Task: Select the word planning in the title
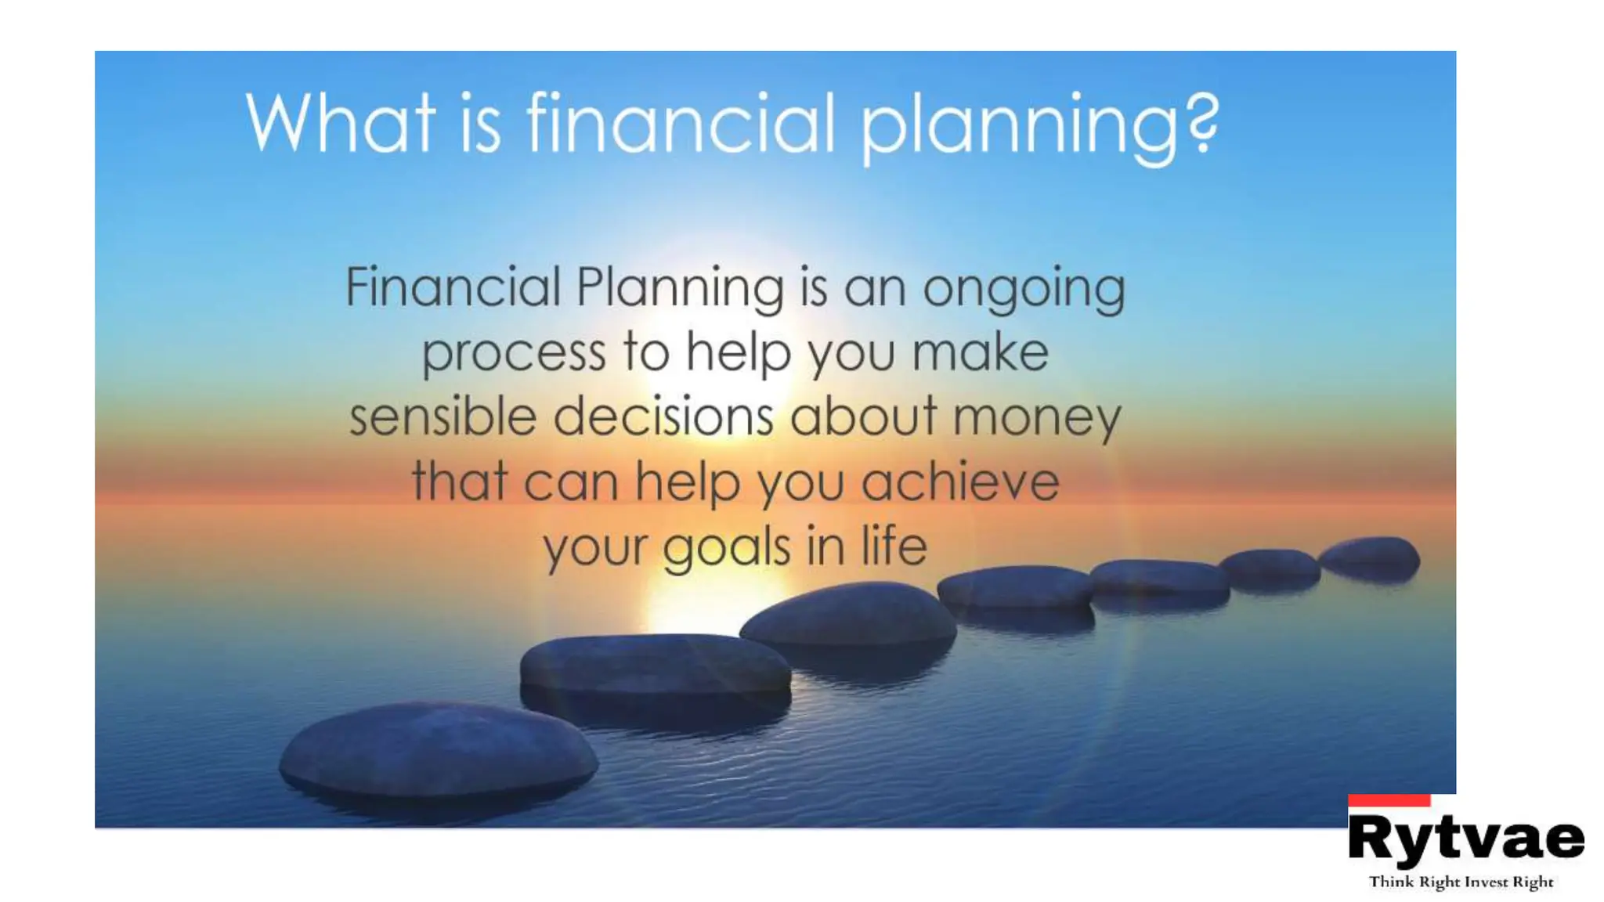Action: pyautogui.click(x=1018, y=127)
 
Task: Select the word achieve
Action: pyautogui.click(x=960, y=482)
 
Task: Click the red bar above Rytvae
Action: pyautogui.click(x=1389, y=800)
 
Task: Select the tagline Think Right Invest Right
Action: pyautogui.click(x=1461, y=882)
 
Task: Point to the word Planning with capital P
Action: pyautogui.click(x=679, y=288)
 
